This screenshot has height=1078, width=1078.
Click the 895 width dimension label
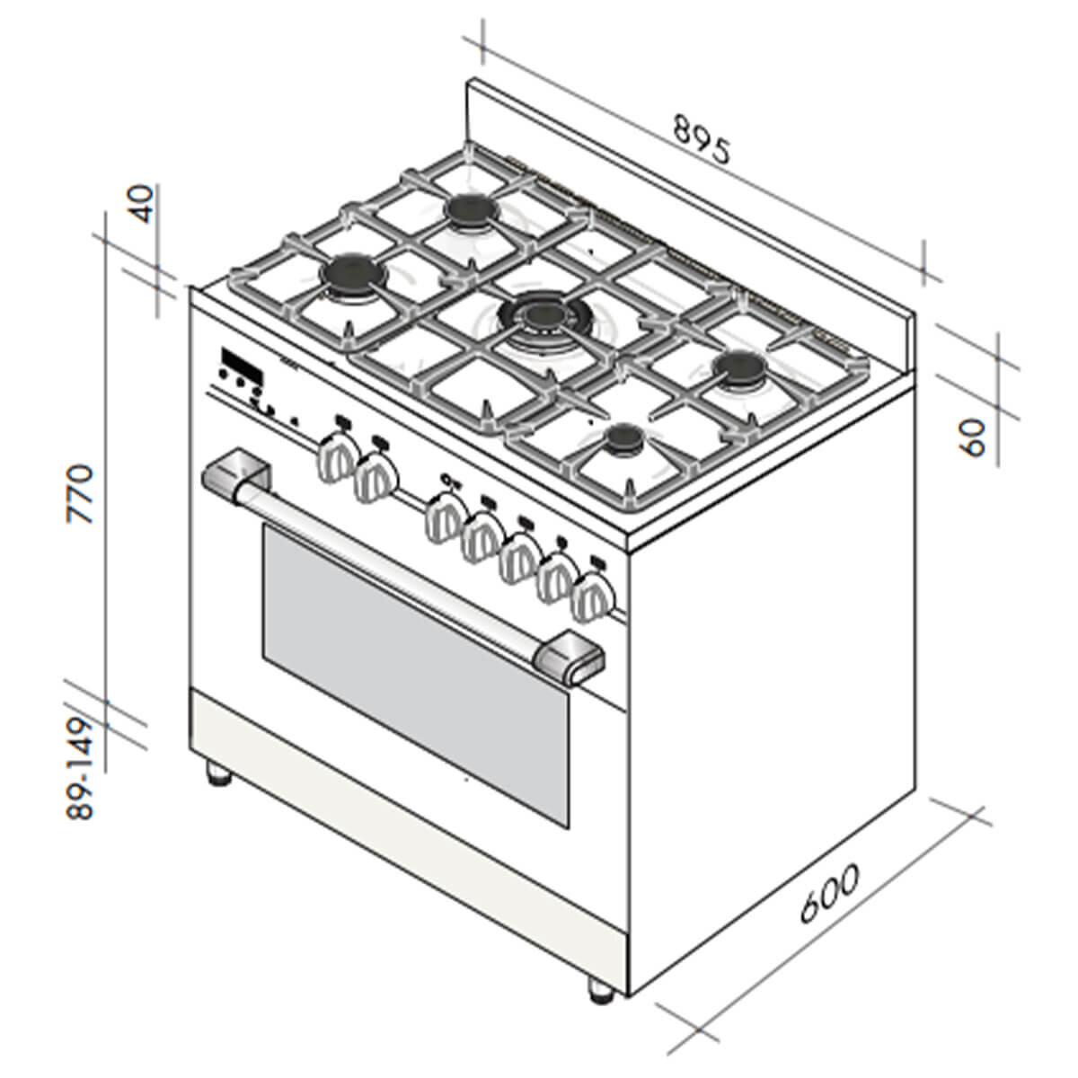coord(702,139)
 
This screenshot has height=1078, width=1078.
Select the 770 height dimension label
coord(80,493)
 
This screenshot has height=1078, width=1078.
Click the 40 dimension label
coord(140,204)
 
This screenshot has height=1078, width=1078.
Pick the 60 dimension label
coord(974,438)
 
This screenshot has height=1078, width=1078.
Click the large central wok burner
coord(539,316)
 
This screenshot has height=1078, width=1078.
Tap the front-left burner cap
coord(354,274)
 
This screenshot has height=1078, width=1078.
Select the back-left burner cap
coord(472,211)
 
